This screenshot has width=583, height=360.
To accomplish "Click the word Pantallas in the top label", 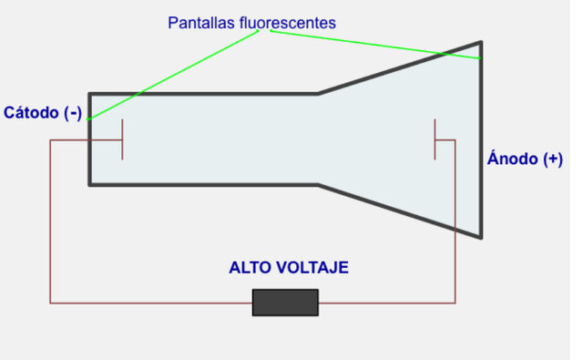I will pos(195,22).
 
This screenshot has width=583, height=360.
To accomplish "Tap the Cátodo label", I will pos(32,113).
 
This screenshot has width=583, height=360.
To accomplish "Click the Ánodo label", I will pos(513,159).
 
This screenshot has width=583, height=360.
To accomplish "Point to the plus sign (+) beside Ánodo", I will pos(552,159).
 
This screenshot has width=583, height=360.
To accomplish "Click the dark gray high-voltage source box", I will pos(285,302).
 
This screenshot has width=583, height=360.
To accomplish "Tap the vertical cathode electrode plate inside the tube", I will pos(122,139).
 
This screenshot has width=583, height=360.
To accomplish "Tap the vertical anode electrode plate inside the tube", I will pos(435,139).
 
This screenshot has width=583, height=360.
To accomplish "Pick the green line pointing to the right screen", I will pos(373,45).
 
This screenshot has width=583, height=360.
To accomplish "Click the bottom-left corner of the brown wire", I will pos(50,302).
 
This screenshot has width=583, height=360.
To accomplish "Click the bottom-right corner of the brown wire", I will pos(455,302).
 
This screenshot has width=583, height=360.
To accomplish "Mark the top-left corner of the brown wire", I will pos(50,139).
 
